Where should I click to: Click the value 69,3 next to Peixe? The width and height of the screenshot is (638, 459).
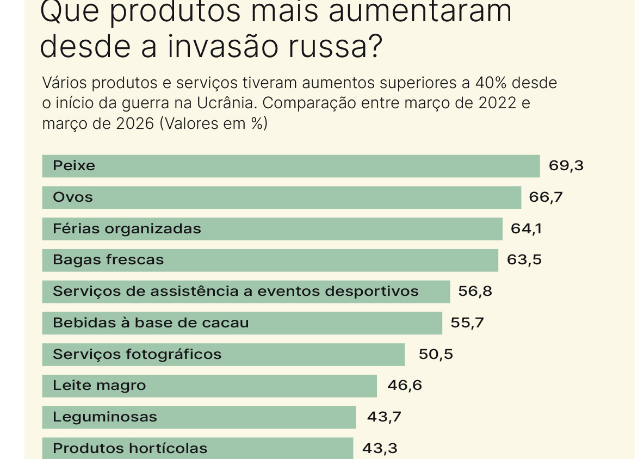pyautogui.click(x=566, y=166)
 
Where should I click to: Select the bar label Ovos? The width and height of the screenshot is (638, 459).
pyautogui.click(x=73, y=197)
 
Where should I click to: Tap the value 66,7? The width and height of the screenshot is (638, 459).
pyautogui.click(x=546, y=197)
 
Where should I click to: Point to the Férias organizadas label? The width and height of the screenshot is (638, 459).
pyautogui.click(x=127, y=229)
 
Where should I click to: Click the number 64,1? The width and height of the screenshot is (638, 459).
pyautogui.click(x=526, y=229)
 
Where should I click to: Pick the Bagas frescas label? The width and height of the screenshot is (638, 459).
pyautogui.click(x=108, y=260)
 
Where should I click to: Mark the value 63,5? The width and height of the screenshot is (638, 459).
pyautogui.click(x=524, y=260)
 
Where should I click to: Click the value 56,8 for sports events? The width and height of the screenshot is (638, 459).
pyautogui.click(x=475, y=291)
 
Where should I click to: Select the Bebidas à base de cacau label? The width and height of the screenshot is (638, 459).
pyautogui.click(x=151, y=323)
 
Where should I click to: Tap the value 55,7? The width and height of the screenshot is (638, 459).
pyautogui.click(x=467, y=323)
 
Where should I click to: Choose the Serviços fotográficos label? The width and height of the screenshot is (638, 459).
pyautogui.click(x=137, y=355)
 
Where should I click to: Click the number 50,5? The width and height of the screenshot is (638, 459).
pyautogui.click(x=436, y=355)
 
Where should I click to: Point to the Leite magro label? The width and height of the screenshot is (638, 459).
pyautogui.click(x=100, y=386)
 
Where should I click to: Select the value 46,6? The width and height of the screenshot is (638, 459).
pyautogui.click(x=405, y=386)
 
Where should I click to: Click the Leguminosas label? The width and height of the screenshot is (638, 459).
pyautogui.click(x=105, y=417)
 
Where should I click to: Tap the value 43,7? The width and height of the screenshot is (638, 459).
pyautogui.click(x=384, y=417)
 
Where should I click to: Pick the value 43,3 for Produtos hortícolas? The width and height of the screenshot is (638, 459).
pyautogui.click(x=380, y=449)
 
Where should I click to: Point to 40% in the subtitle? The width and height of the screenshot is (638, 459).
pyautogui.click(x=491, y=83)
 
